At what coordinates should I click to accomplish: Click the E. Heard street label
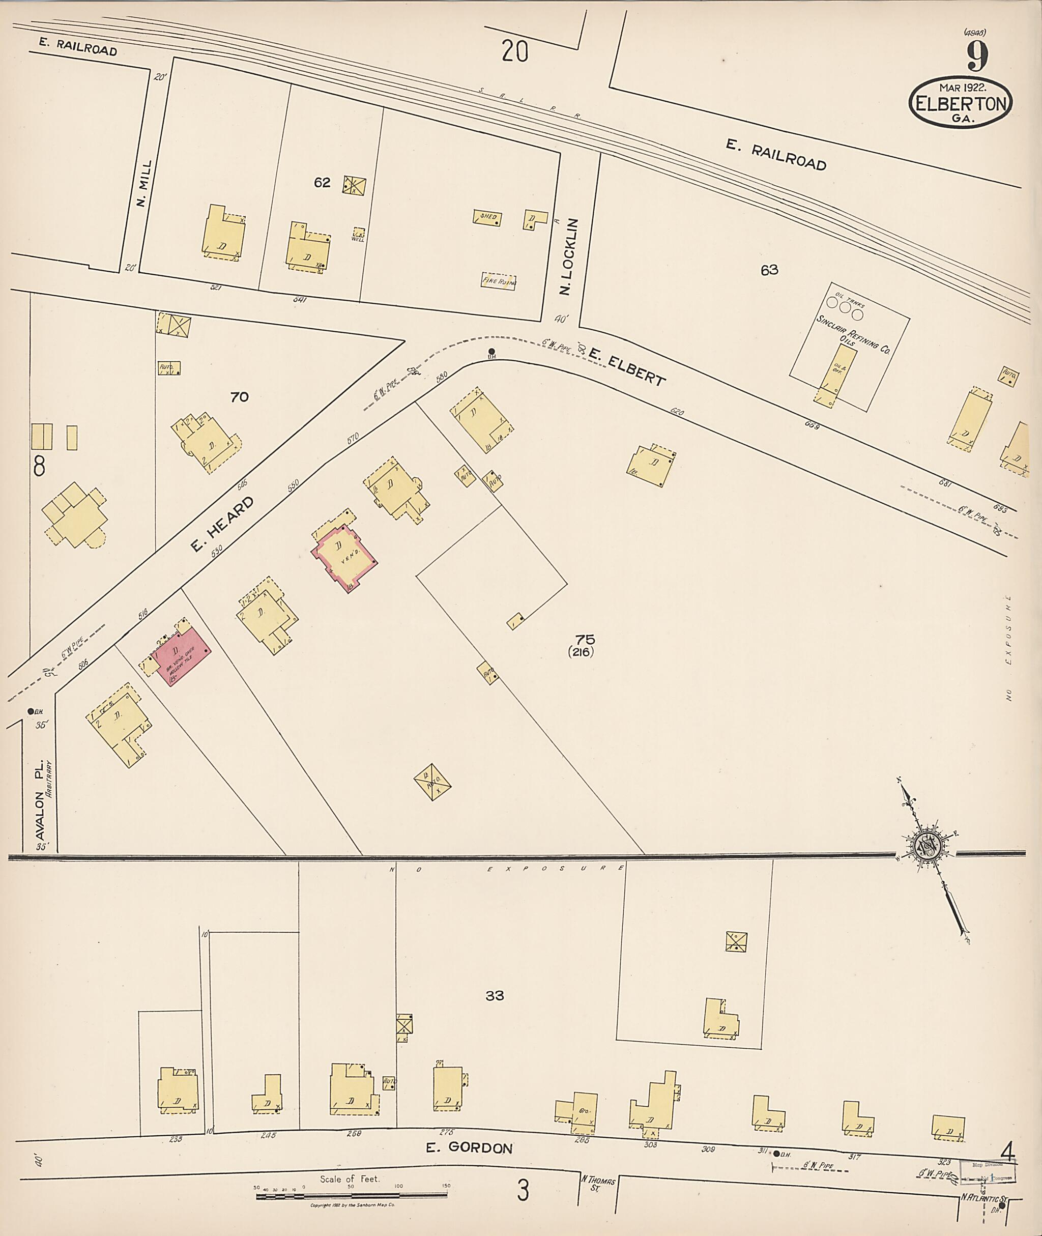222,524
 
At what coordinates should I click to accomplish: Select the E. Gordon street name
469,1147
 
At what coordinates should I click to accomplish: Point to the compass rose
925,848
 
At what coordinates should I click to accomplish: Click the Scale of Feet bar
351,1196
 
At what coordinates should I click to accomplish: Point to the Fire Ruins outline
499,281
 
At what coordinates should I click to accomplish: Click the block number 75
586,639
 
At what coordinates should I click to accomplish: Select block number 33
495,995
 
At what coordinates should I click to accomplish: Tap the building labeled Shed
488,217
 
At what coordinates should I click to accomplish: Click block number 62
322,183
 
